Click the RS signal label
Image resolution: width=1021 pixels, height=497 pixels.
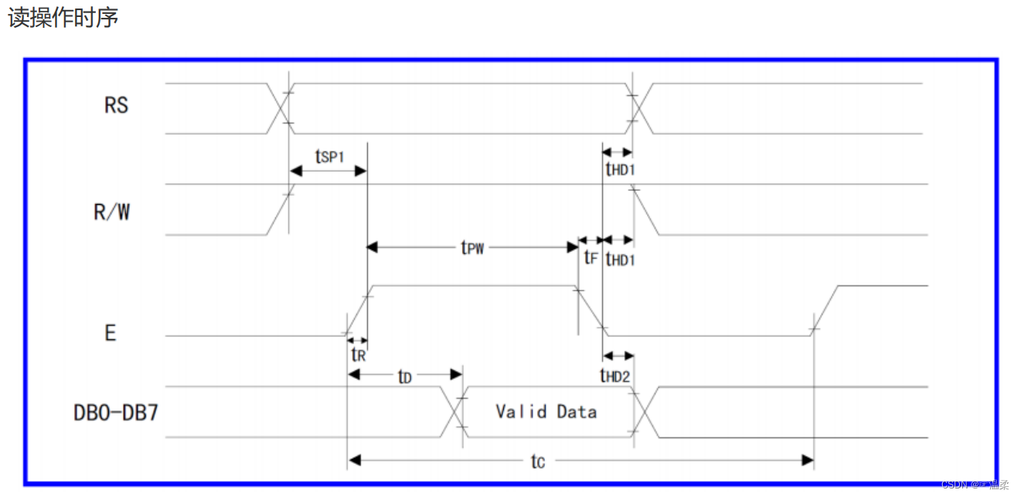116,105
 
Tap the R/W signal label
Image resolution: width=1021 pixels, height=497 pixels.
111,212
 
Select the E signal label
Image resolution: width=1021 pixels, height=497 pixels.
111,333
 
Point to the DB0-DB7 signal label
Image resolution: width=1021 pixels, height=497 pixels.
116,413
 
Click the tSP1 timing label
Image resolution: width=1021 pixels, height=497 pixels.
329,156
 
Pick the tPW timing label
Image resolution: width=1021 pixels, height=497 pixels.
472,247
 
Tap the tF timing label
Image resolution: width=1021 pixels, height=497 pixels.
590,257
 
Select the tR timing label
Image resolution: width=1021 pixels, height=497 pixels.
359,354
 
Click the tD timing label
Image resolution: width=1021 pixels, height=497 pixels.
405,376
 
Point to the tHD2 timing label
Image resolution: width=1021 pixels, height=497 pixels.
615,376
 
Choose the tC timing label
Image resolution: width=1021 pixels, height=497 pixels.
538,461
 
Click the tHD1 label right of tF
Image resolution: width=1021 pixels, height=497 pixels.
620,260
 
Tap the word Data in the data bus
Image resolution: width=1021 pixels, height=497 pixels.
577,412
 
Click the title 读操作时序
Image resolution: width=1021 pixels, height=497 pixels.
63,18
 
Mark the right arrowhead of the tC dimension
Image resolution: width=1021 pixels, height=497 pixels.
808,461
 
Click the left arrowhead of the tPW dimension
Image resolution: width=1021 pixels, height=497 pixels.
373,247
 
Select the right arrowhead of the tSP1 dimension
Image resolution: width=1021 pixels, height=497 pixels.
360,172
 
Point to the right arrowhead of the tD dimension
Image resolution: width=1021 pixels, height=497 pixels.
456,375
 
